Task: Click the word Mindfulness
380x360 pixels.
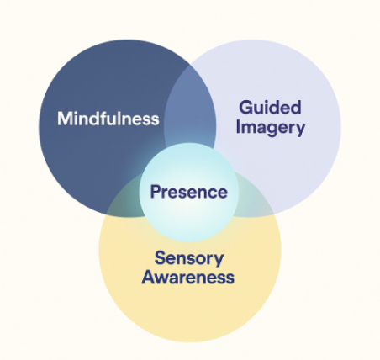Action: [108, 119]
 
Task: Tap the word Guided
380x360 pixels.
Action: [271, 108]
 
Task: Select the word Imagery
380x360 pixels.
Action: [271, 128]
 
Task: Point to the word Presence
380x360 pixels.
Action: [188, 192]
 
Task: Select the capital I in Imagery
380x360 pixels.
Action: [240, 128]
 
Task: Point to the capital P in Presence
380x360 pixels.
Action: [156, 192]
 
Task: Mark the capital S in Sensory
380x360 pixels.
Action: [159, 257]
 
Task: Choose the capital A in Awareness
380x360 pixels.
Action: [147, 277]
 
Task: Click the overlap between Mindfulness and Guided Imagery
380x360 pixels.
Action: [189, 109]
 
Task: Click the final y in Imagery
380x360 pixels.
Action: [300, 130]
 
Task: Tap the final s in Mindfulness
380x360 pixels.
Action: [155, 119]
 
